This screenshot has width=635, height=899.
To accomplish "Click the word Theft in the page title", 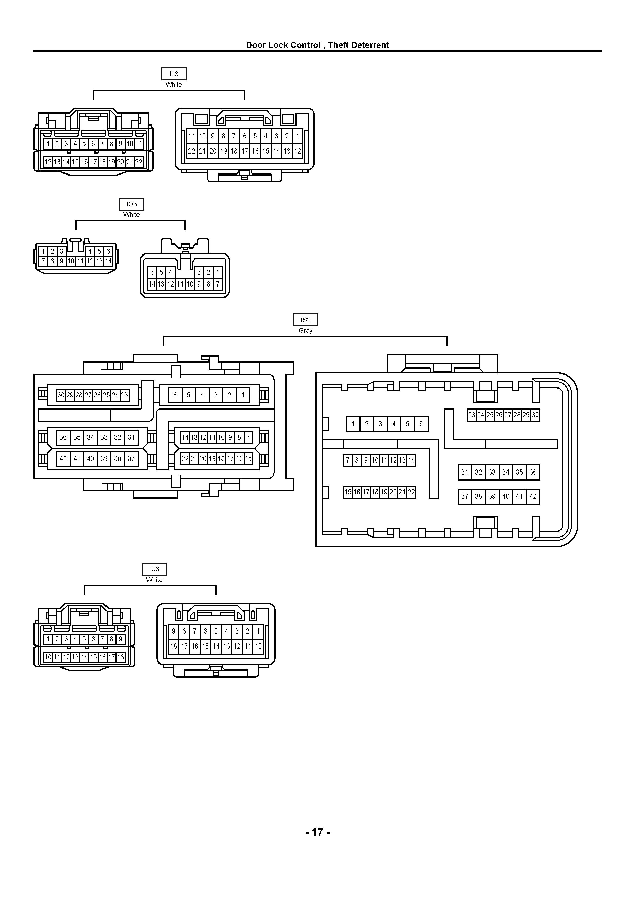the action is (x=338, y=45).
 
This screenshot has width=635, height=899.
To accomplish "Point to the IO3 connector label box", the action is (x=131, y=204).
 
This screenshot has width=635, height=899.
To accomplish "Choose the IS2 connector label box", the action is (x=305, y=320).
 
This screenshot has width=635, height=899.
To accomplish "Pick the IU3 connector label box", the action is (x=154, y=569).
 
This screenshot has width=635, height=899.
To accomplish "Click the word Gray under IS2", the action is (x=305, y=331).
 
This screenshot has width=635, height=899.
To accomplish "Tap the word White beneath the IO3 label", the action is (x=131, y=214).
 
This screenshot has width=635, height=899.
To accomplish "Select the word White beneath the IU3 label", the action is (x=154, y=579).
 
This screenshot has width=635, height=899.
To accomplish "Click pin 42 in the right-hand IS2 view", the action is (x=533, y=496).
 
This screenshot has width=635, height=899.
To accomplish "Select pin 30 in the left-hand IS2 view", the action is (x=61, y=395).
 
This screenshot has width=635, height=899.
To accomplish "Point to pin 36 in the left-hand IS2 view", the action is (x=63, y=437).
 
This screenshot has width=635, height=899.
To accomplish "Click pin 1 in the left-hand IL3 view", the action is (x=48, y=144).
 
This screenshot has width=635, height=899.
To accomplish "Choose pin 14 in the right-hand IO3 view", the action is (x=152, y=284).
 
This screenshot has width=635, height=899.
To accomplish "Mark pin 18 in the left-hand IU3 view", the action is (x=121, y=657).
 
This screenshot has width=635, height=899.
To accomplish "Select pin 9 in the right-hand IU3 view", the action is (x=174, y=631).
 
